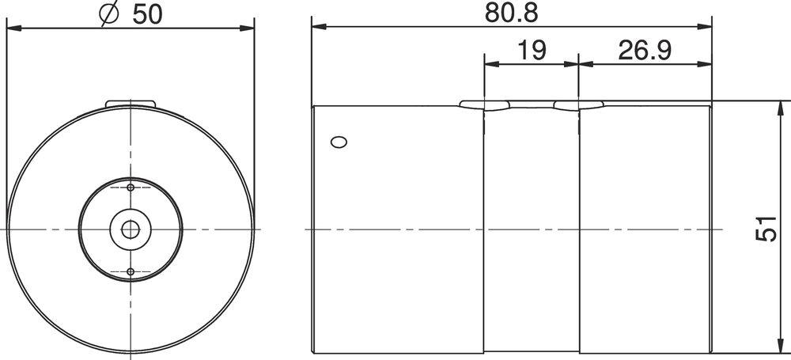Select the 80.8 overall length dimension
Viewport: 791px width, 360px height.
pos(512,13)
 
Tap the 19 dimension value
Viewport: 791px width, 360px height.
pos(532,51)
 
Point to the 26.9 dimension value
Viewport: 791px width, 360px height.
pos(645,51)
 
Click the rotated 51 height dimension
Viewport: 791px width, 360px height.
pos(766,228)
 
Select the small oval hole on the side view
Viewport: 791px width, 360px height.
pos(339,142)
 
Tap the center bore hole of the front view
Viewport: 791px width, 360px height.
pos(131,229)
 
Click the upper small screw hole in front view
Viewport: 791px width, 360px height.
pos(131,188)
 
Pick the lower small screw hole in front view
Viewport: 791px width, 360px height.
pos(131,271)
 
